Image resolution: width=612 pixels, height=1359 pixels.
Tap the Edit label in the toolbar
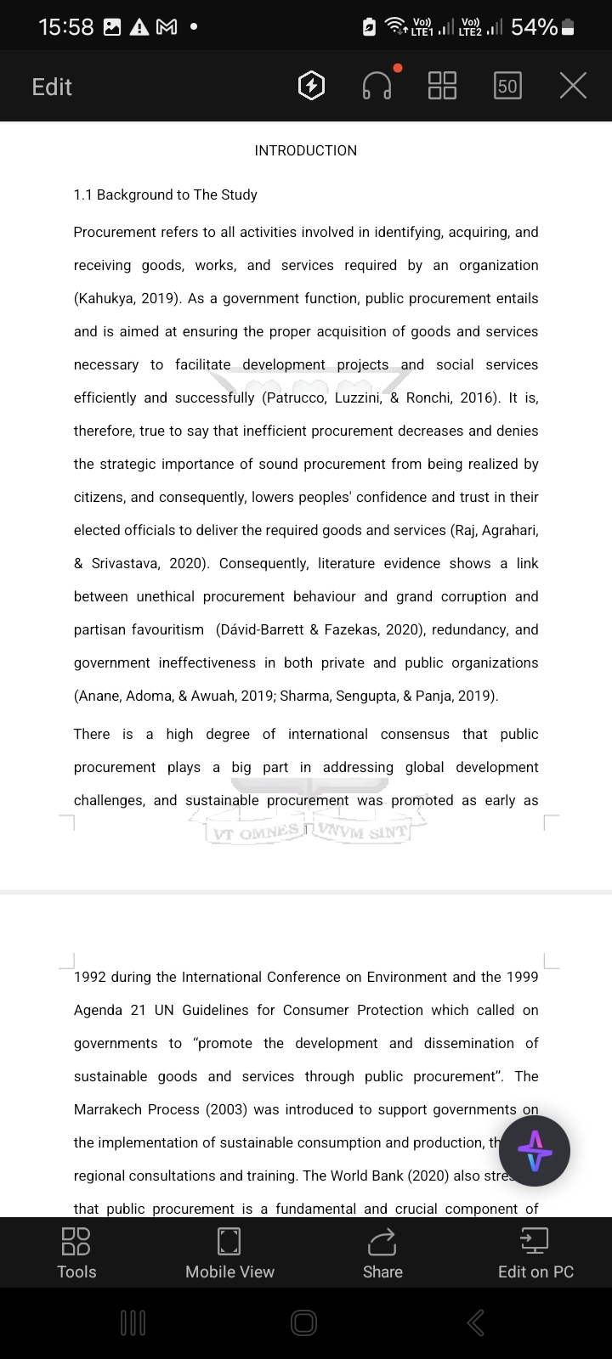point(52,87)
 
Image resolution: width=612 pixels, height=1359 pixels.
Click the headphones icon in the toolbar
point(377,86)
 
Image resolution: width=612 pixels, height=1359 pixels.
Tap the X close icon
point(573,86)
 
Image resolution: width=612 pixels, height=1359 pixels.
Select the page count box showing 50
point(507,86)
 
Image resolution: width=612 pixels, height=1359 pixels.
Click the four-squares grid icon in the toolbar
point(442,86)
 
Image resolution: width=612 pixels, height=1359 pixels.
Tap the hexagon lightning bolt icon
point(312,86)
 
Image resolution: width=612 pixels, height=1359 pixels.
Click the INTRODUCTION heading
point(306,150)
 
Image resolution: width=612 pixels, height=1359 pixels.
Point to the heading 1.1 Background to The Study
point(165,195)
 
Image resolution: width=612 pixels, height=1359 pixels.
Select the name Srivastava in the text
point(127,563)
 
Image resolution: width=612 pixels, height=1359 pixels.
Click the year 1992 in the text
point(89,977)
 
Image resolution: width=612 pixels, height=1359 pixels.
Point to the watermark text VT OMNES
point(255,833)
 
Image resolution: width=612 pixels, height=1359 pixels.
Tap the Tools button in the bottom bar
point(76,1252)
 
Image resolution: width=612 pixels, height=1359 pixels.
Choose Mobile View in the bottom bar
point(229,1252)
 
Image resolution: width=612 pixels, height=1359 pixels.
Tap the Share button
point(382,1252)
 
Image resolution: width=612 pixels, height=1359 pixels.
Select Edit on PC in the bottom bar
point(535,1252)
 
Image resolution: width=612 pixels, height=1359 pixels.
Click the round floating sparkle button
point(535,1151)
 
